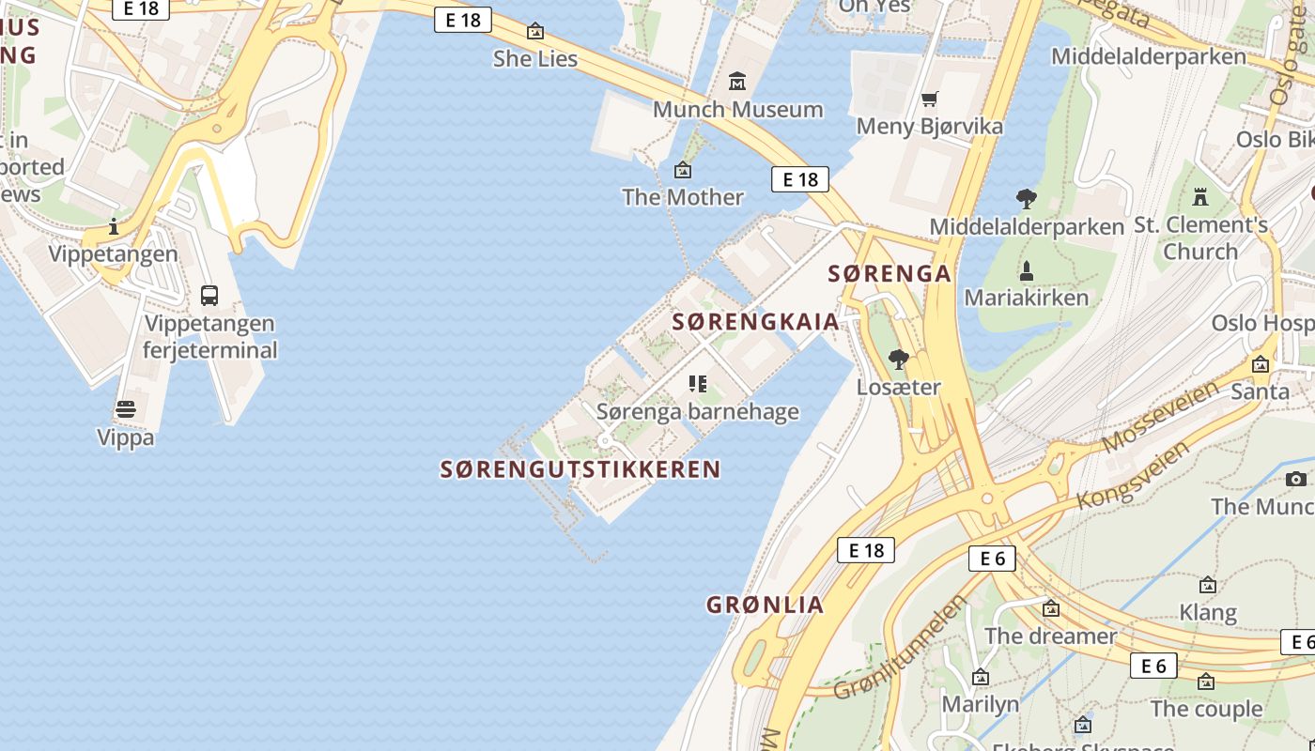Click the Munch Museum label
[737, 109]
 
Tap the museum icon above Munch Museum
[737, 82]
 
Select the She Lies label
[535, 58]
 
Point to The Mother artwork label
[683, 197]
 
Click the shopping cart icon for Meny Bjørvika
[930, 99]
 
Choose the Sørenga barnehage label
[698, 411]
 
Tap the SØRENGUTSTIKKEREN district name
[580, 469]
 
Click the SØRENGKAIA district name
[756, 322]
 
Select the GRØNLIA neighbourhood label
[766, 605]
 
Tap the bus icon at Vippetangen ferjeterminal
[209, 296]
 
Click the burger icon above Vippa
[126, 410]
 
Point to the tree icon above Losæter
[899, 360]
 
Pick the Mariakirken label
[1027, 298]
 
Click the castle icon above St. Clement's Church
[1199, 197]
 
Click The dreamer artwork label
[1051, 636]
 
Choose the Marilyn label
[981, 704]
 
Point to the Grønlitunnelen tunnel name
[900, 647]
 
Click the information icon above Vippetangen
[114, 226]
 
